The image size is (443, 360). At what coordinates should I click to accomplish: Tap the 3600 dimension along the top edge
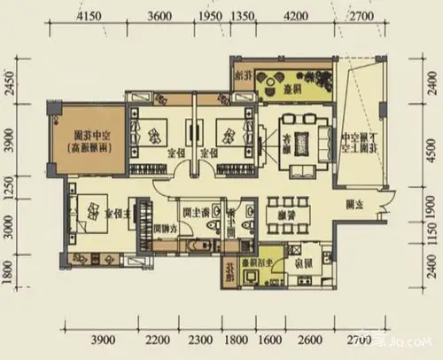(x=159, y=17)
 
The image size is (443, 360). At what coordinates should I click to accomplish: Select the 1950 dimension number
(x=209, y=17)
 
